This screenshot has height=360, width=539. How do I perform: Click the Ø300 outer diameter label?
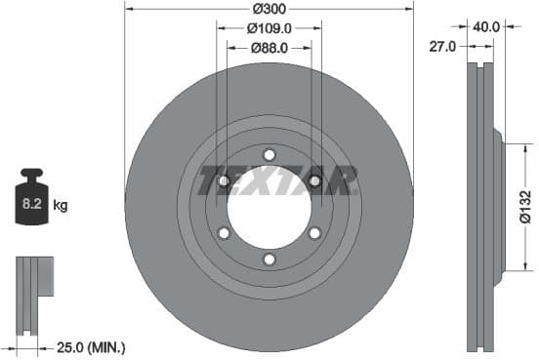coord(269,9)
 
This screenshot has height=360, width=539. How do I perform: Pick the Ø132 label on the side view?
coord(525,205)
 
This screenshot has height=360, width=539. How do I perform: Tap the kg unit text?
coord(60,205)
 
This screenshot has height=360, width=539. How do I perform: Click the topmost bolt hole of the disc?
coord(269,155)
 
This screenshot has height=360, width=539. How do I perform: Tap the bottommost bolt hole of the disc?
coord(269,259)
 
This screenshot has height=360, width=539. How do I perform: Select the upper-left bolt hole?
coord(224,181)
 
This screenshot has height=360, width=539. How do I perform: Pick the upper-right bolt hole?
coord(314,181)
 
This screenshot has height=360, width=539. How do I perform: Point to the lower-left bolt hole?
coord(224,232)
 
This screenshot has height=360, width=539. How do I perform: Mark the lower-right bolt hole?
coord(314,232)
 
